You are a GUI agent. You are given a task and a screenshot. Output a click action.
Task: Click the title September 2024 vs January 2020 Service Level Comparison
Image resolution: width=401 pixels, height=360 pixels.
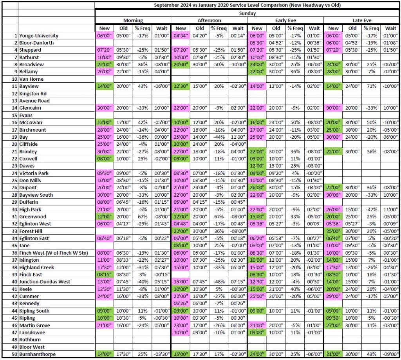247,5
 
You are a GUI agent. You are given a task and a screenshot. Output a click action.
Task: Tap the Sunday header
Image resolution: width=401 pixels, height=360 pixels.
247,13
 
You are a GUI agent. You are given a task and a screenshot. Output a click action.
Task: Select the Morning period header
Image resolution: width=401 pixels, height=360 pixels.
133,20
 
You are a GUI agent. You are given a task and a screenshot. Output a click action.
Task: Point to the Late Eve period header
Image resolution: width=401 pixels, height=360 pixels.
362,20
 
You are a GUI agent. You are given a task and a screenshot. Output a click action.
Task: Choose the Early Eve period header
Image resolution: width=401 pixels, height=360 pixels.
285,20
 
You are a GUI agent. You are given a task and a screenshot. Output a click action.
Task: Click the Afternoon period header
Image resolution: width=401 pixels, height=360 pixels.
209,20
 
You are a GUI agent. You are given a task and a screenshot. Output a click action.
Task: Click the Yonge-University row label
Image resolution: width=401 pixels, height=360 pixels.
38,36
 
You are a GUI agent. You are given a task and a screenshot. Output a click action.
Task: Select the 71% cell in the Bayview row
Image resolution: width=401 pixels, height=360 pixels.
371,86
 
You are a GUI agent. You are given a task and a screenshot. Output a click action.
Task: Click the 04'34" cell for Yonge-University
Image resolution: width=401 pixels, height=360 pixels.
181,36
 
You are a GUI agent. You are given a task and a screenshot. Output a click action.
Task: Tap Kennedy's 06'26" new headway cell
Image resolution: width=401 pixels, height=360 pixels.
181,304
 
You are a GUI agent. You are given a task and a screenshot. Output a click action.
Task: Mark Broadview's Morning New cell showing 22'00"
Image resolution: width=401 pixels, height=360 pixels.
104,64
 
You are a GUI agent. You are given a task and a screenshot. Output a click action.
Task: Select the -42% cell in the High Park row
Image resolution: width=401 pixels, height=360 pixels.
371,209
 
